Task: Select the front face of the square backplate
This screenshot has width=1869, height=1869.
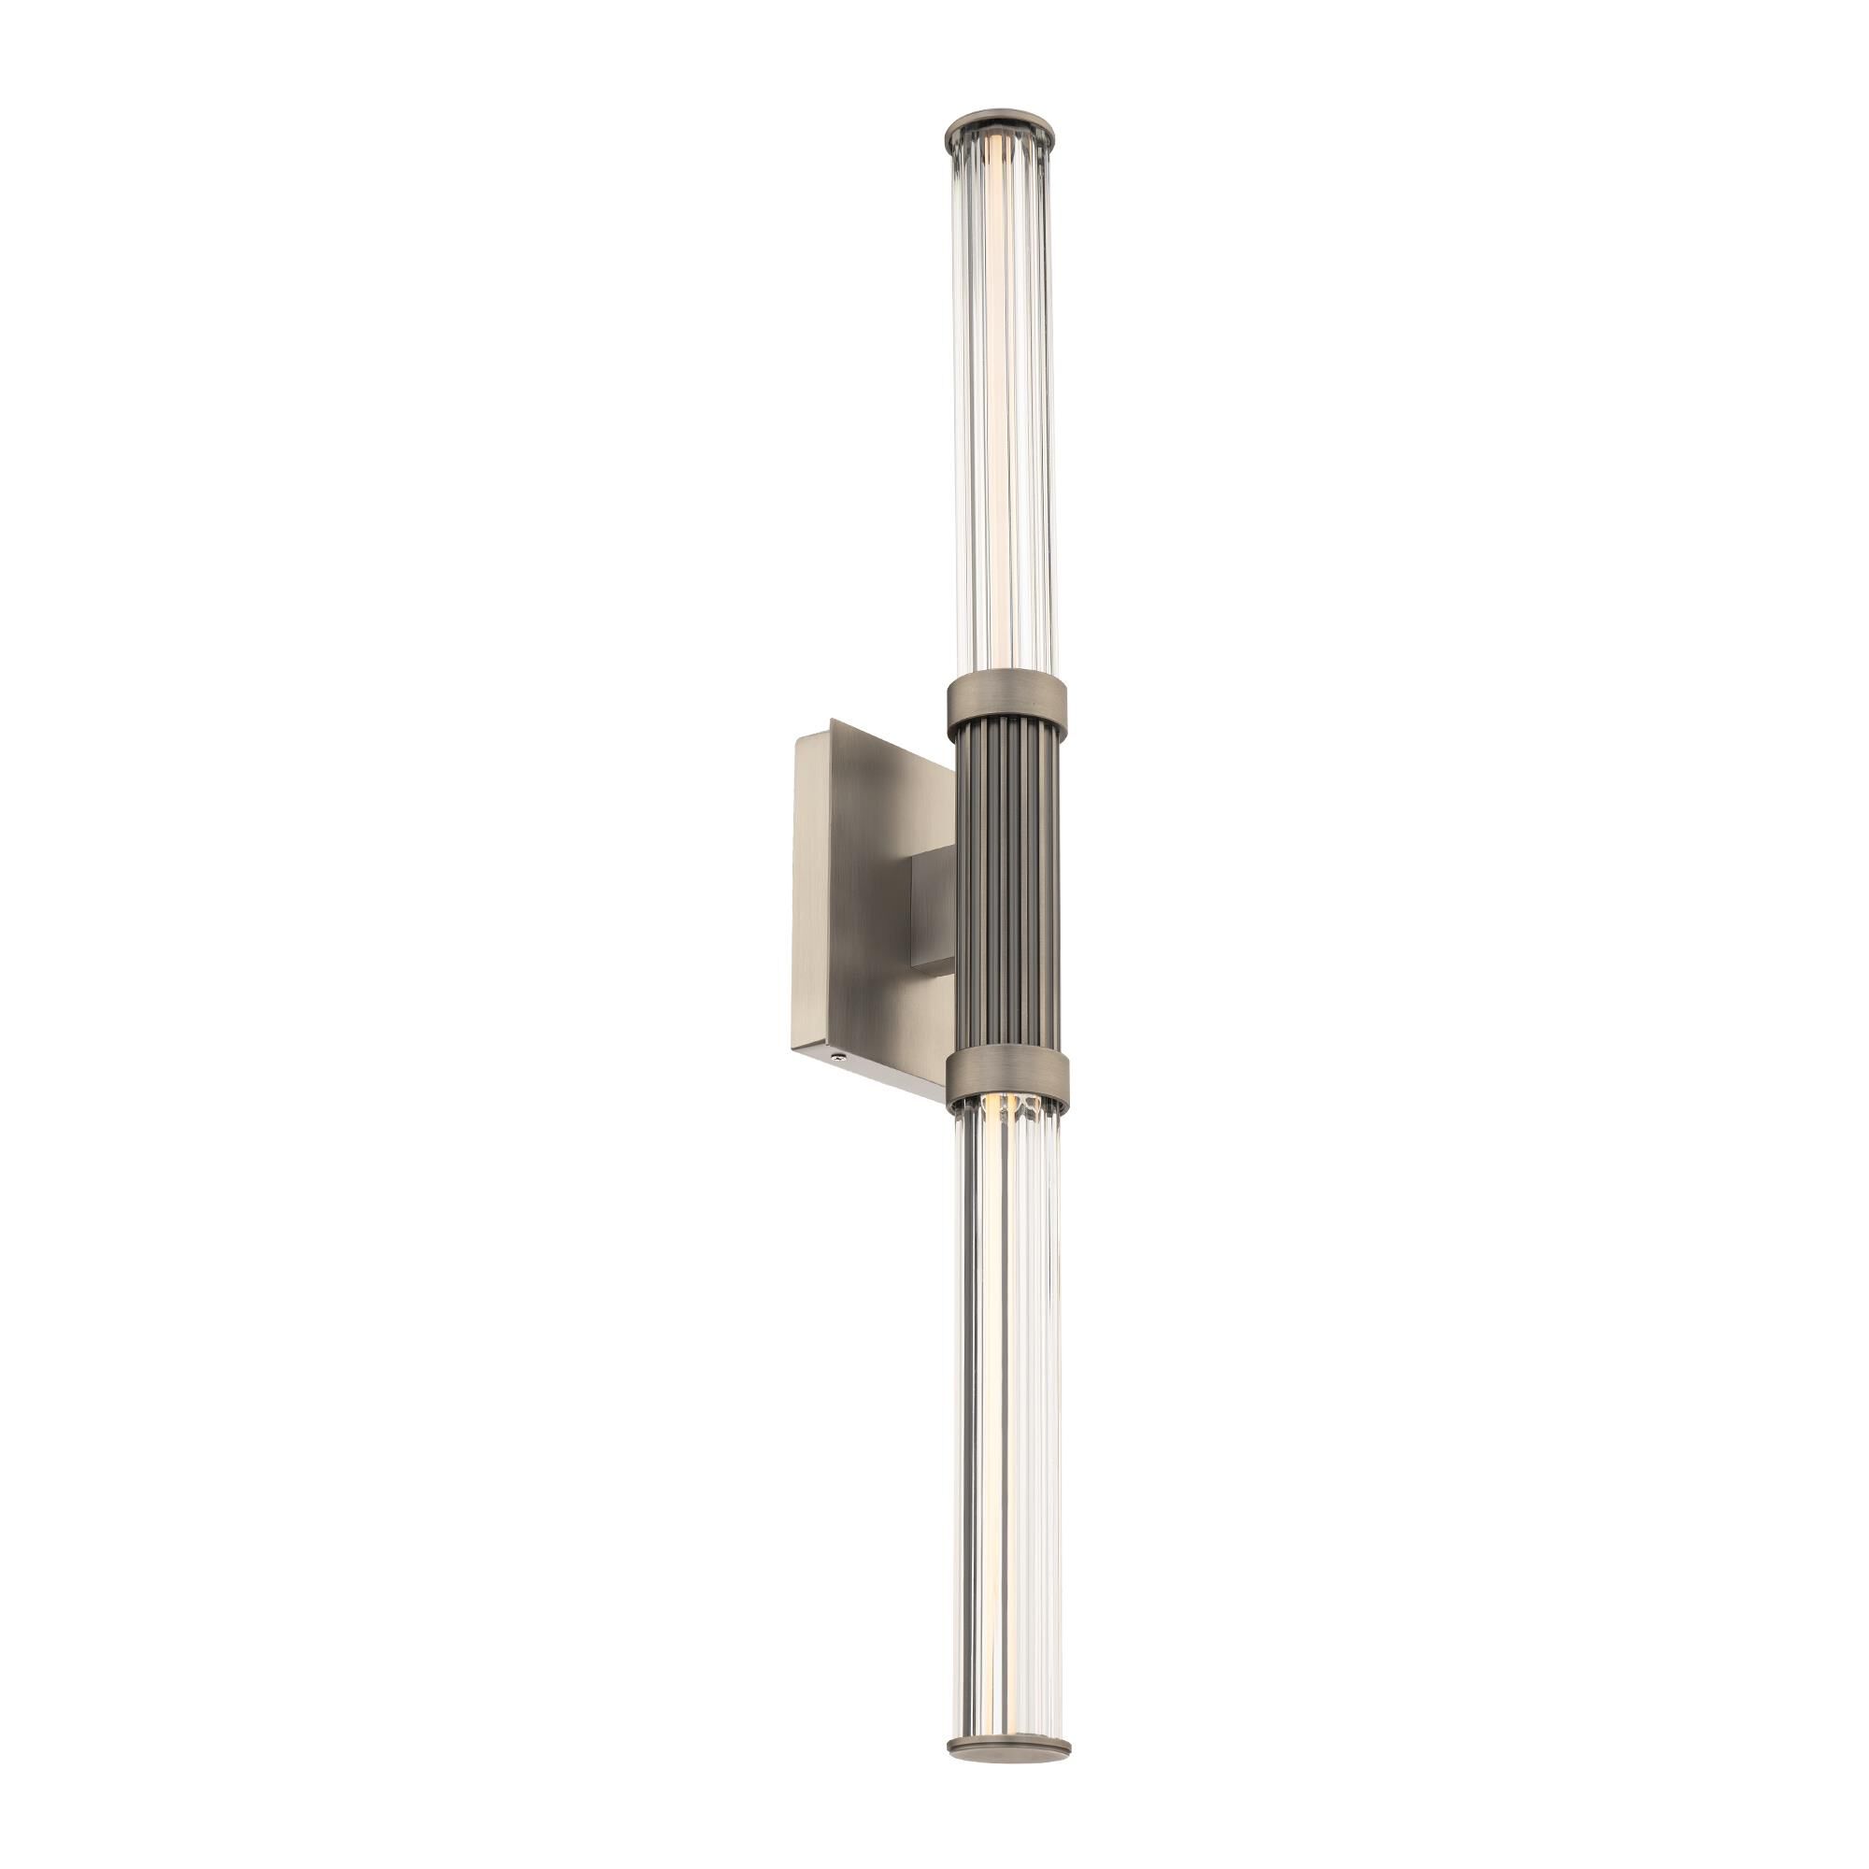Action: tap(890, 900)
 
